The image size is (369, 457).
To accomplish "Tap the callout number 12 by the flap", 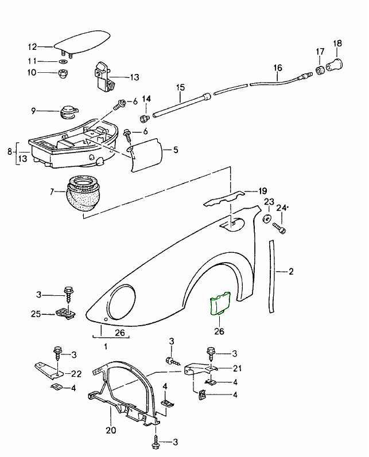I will pyautogui.click(x=32, y=47).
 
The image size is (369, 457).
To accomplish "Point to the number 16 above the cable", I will pyautogui.click(x=278, y=68).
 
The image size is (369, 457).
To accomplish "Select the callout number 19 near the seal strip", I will pyautogui.click(x=263, y=191).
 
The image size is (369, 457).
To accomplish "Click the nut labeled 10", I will pyautogui.click(x=63, y=73).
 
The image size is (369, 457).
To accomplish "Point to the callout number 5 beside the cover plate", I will pyautogui.click(x=176, y=150).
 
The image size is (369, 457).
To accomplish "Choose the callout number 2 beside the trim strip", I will pyautogui.click(x=291, y=271).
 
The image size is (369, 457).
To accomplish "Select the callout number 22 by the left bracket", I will pyautogui.click(x=76, y=374).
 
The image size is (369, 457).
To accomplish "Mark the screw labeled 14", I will pyautogui.click(x=144, y=119).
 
